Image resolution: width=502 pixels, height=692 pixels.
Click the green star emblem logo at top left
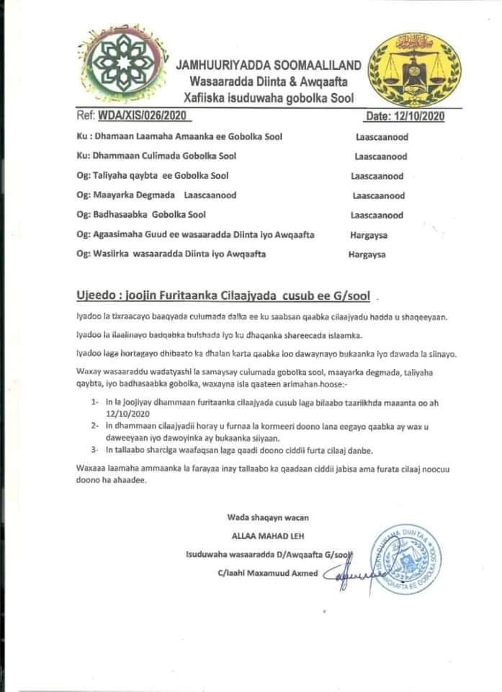pos(121,63)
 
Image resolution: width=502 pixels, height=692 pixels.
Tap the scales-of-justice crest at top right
pos(415,69)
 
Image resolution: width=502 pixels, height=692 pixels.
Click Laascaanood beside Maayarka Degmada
pos(378,195)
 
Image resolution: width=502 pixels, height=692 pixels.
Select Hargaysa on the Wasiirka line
pos(367,254)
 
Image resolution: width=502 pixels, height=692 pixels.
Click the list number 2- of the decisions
pos(95,426)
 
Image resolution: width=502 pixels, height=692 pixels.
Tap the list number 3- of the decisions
pos(95,450)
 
